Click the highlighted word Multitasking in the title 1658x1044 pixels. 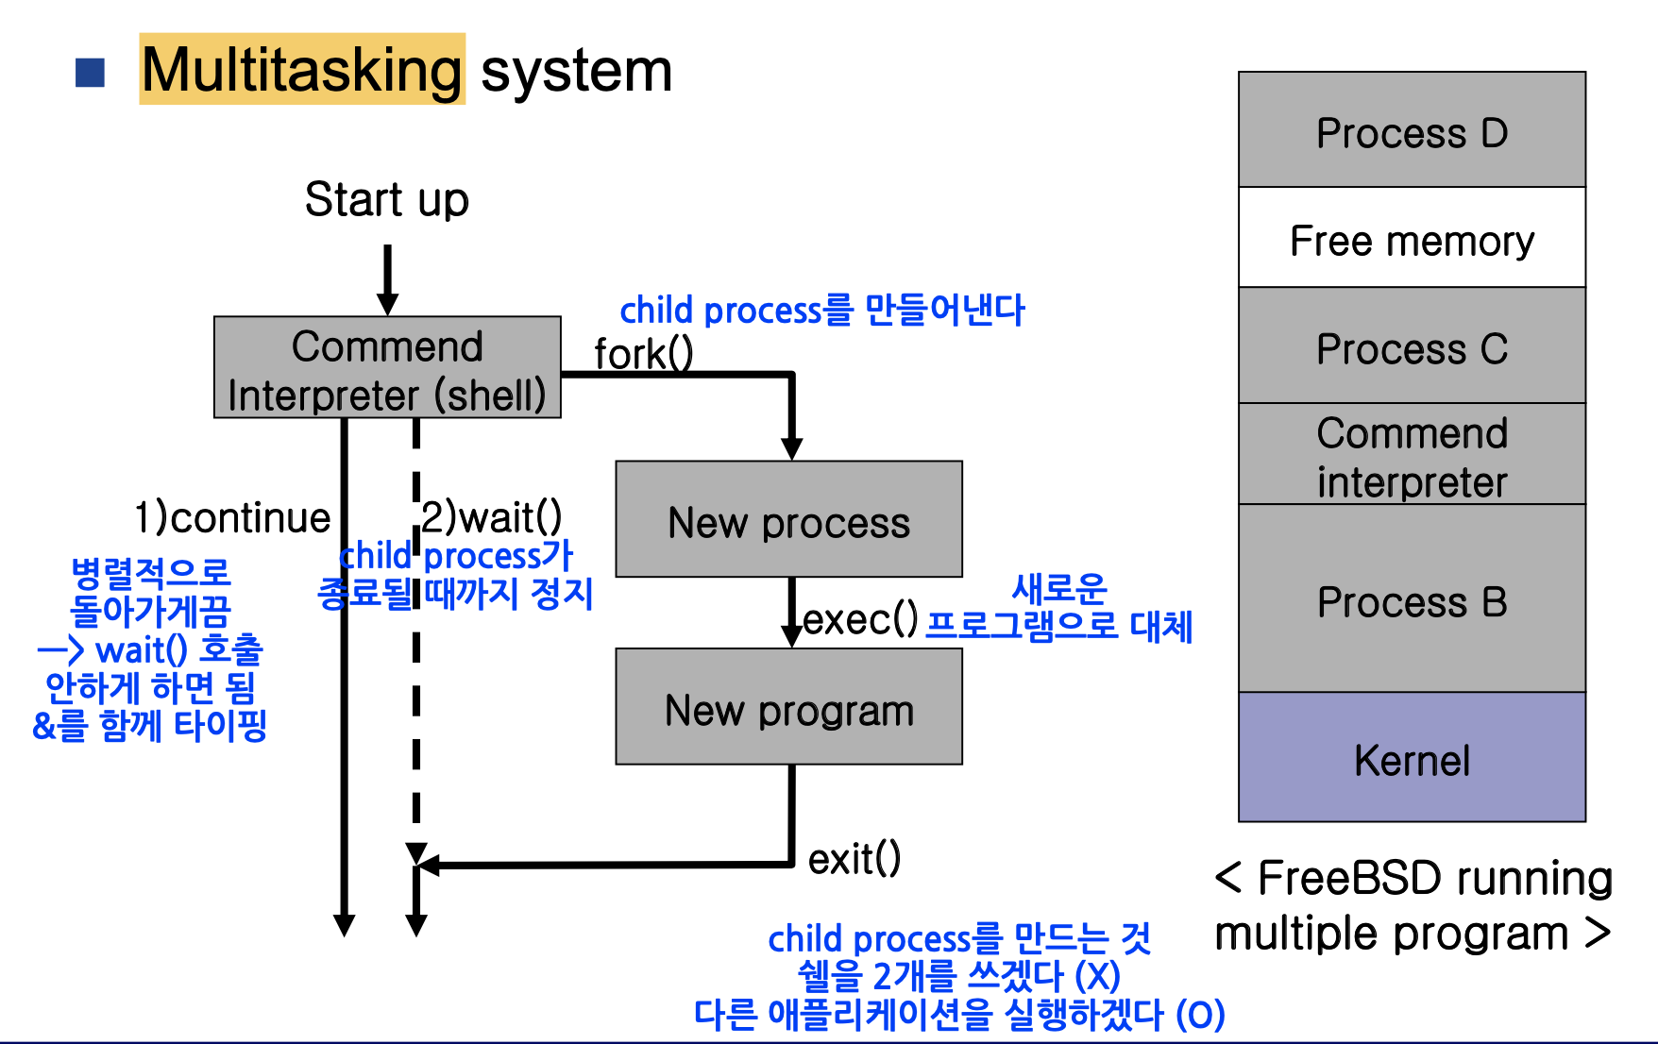pyautogui.click(x=302, y=70)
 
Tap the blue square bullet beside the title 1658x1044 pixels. pyautogui.click(x=90, y=73)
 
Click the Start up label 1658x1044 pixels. pyautogui.click(x=386, y=199)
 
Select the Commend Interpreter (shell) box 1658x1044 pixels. pyautogui.click(x=387, y=367)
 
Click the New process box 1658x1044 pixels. pyautogui.click(x=788, y=519)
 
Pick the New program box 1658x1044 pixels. pyautogui.click(x=788, y=706)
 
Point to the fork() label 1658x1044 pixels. pyautogui.click(x=644, y=354)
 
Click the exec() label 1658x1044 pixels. pyautogui.click(x=860, y=619)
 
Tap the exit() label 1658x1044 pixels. pyautogui.click(x=854, y=859)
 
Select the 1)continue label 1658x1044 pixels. pyautogui.click(x=232, y=517)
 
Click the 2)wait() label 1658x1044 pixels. pyautogui.click(x=492, y=516)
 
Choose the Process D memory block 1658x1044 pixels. pyautogui.click(x=1412, y=129)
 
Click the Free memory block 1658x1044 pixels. pyautogui.click(x=1412, y=237)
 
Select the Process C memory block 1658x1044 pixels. pyautogui.click(x=1412, y=345)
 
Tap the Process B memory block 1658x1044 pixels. pyautogui.click(x=1412, y=598)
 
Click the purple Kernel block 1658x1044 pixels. pyautogui.click(x=1412, y=757)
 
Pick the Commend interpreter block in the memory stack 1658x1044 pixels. pyautogui.click(x=1412, y=454)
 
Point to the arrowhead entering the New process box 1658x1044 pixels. pyautogui.click(x=792, y=449)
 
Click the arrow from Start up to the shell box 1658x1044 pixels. pyautogui.click(x=387, y=280)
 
